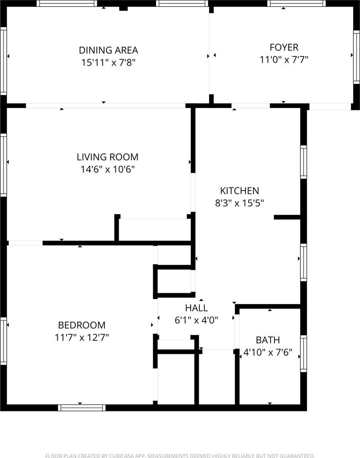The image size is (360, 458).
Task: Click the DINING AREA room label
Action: point(108,50)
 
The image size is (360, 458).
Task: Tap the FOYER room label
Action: point(284,47)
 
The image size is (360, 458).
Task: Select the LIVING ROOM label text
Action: point(107,157)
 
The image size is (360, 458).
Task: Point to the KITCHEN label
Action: point(239,191)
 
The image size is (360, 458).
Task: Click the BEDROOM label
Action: point(82,325)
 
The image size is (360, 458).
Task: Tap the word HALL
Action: point(197,308)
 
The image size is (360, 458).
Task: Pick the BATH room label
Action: point(268,340)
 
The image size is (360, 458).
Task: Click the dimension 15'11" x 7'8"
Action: point(108,63)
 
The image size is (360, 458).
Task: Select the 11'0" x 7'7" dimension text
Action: point(284,60)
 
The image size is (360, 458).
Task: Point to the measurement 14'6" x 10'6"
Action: point(108,169)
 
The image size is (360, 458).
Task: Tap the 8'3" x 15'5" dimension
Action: point(239,203)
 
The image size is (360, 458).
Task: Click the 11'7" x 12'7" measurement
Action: point(82,338)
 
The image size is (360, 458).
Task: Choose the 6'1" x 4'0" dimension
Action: point(197,320)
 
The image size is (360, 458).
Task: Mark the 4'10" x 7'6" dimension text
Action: point(268,353)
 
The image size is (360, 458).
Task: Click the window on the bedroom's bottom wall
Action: point(82,408)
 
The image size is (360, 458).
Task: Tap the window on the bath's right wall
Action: point(303,353)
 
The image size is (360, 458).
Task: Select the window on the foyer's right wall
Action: point(356,57)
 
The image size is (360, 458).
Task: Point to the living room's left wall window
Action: point(3,165)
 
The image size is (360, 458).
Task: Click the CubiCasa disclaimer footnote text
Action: point(180,455)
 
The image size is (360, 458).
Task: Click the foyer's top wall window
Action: point(297,4)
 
